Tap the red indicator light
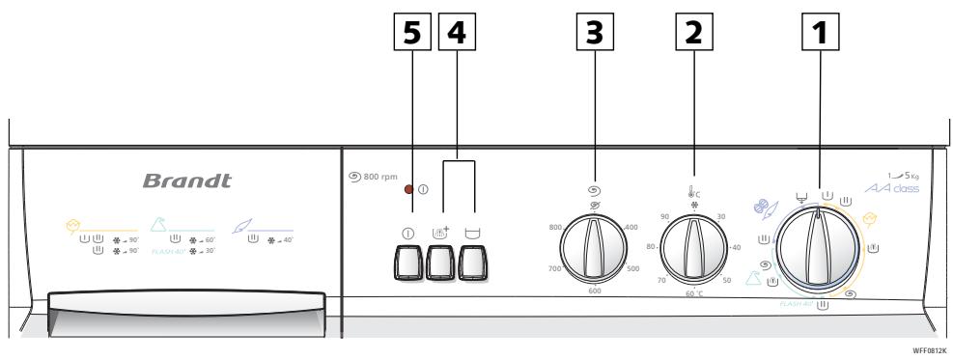(409, 188)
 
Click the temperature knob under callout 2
(692, 246)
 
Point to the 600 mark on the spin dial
(595, 291)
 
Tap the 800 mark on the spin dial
(555, 227)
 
